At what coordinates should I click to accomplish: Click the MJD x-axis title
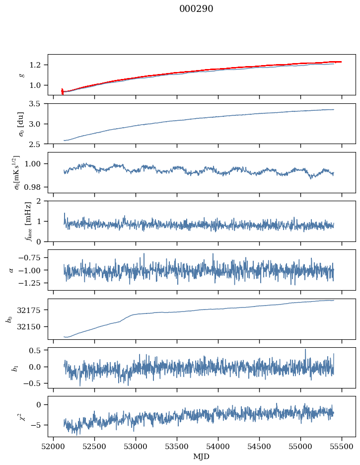pyautogui.click(x=202, y=456)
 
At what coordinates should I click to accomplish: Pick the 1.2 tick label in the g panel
pyautogui.click(x=38, y=65)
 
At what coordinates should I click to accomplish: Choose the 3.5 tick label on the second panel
pyautogui.click(x=38, y=104)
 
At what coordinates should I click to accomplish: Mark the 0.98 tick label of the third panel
pyautogui.click(x=36, y=187)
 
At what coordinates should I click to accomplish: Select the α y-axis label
pyautogui.click(x=11, y=270)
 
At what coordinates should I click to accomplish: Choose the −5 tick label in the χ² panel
pyautogui.click(x=39, y=425)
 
